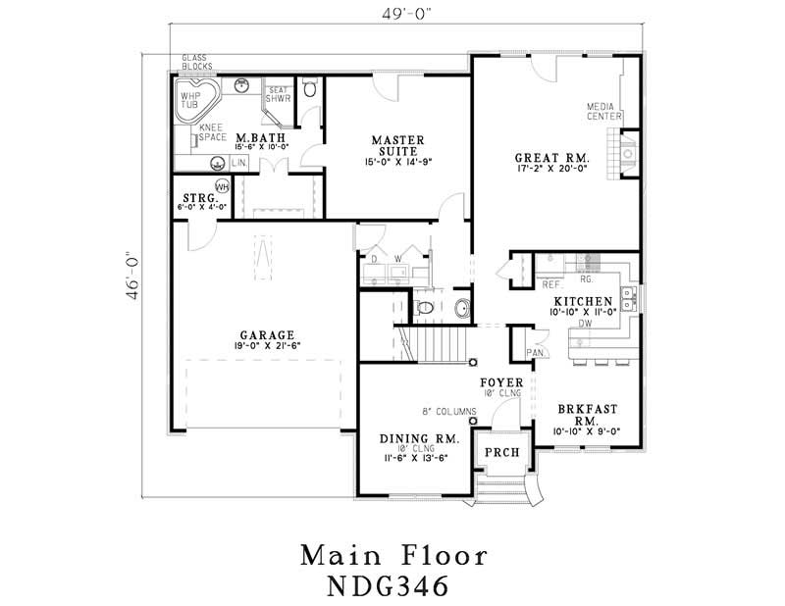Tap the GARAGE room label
pyautogui.click(x=264, y=334)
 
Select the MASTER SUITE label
pyautogui.click(x=396, y=145)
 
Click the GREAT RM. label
pyautogui.click(x=551, y=158)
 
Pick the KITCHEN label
pyautogui.click(x=584, y=300)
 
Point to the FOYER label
pyautogui.click(x=500, y=381)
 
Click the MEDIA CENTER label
pyautogui.click(x=604, y=111)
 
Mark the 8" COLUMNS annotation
pyautogui.click(x=447, y=412)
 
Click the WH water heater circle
pyautogui.click(x=222, y=186)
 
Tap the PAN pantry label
pyautogui.click(x=535, y=352)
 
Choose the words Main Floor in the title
pyautogui.click(x=392, y=555)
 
